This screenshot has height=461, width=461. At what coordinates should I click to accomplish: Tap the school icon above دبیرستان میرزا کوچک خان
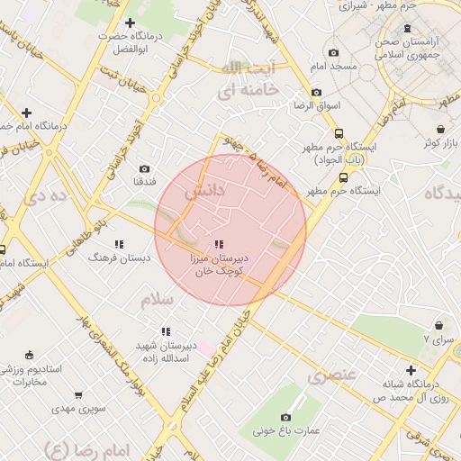[x=219, y=244]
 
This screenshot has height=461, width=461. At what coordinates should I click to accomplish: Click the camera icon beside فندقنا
[x=145, y=168]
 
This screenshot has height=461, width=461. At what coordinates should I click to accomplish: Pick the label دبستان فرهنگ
[x=120, y=258]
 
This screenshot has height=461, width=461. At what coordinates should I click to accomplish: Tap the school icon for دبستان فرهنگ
[x=119, y=244]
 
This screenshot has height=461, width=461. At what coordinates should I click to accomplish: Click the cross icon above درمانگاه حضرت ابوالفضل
[x=131, y=23]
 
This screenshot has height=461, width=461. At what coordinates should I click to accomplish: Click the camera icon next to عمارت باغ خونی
[x=286, y=417]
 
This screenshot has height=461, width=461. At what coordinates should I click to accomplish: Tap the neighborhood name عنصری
[x=332, y=375]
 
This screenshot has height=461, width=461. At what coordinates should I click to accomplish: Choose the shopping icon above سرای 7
[x=438, y=325]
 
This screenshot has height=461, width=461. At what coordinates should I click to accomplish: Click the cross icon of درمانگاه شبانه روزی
[x=411, y=369]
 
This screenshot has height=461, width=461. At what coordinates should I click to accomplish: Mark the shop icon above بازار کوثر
[x=429, y=143]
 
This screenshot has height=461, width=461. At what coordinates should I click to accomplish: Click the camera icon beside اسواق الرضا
[x=315, y=92]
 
